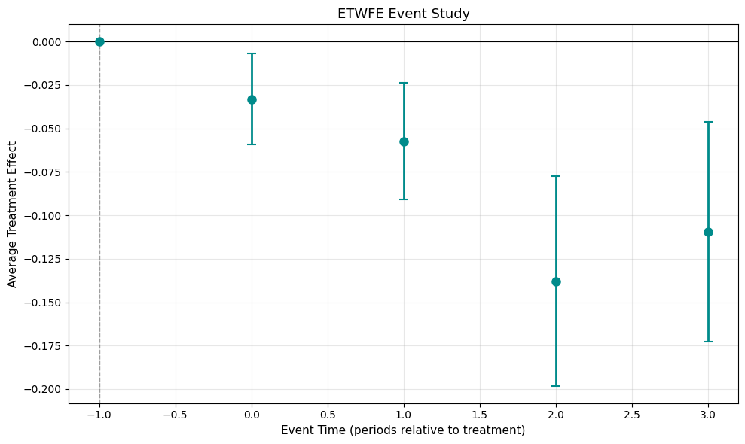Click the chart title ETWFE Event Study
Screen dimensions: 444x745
pos(403,13)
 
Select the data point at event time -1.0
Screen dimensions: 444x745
pos(99,41)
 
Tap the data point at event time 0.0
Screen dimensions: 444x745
pos(252,99)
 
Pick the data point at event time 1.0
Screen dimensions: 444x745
pos(404,141)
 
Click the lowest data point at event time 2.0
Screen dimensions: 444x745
pos(556,281)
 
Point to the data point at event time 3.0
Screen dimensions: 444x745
pos(708,232)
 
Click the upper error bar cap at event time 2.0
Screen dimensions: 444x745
pos(556,176)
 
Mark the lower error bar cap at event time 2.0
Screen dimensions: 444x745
pos(556,386)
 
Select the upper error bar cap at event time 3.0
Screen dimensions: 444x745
pos(708,122)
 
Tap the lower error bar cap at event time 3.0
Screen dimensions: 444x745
pos(708,342)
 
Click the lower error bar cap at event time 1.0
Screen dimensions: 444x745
pos(404,199)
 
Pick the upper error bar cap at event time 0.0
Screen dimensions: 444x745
pos(252,53)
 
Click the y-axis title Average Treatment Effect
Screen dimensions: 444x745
pos(12,214)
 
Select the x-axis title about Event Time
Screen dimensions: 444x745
pos(403,430)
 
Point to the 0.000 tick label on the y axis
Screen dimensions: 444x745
pos(47,42)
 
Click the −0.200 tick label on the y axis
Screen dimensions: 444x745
pos(44,390)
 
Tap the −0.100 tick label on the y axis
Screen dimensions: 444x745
pos(44,216)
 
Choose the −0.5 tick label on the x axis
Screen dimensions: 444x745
pos(176,414)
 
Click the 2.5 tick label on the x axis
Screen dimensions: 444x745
pos(632,414)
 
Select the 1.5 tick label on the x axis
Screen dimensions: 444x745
pos(480,414)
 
